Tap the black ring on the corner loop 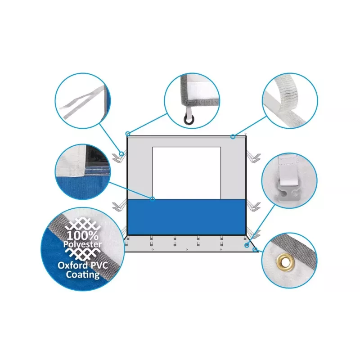(189, 119)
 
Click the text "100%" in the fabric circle (82, 235)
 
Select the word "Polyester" (82, 244)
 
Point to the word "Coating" (83, 274)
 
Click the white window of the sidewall (186, 173)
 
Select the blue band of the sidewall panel (186, 217)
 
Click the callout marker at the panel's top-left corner (128, 134)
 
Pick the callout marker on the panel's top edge (233, 137)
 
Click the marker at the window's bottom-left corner (152, 199)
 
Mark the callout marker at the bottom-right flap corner (255, 249)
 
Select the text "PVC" (99, 265)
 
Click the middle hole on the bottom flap (187, 249)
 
